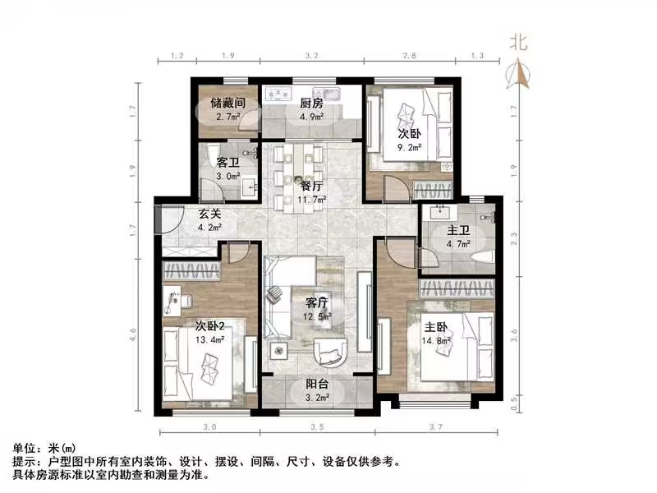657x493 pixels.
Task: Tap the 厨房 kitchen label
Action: tap(310, 104)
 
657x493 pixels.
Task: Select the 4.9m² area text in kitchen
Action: tap(310, 117)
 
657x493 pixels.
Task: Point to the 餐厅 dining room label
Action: tap(310, 185)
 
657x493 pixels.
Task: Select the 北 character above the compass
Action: tap(517, 40)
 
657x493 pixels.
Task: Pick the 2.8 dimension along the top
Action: tap(408, 56)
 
